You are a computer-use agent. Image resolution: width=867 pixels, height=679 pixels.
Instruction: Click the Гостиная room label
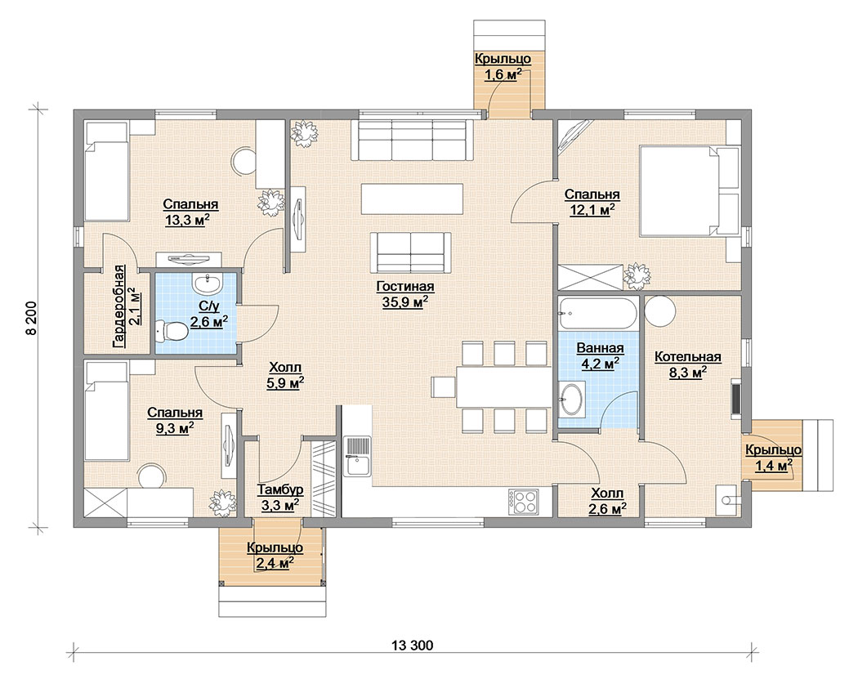click(405, 287)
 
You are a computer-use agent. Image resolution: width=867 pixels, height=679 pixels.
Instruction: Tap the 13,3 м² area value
click(187, 220)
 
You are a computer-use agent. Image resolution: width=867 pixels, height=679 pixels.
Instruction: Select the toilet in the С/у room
click(172, 331)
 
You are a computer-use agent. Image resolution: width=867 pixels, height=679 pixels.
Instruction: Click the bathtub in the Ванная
click(597, 314)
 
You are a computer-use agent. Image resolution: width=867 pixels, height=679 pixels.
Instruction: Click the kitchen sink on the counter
click(356, 456)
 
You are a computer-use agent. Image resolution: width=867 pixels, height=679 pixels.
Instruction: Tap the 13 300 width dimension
click(412, 645)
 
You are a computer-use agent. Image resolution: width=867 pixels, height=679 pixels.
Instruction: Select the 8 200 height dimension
click(32, 318)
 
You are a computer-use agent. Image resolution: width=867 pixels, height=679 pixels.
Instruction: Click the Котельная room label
click(688, 357)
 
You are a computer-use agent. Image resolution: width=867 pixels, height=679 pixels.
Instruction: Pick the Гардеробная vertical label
click(118, 306)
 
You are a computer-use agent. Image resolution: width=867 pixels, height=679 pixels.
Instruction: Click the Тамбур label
click(280, 490)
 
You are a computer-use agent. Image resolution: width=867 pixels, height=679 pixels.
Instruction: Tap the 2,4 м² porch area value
click(275, 563)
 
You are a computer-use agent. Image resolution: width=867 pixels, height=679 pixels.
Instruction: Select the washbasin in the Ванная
click(570, 400)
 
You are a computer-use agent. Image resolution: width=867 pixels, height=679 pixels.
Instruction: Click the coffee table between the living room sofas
click(412, 199)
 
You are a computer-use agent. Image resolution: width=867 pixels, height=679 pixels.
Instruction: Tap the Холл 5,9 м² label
click(285, 375)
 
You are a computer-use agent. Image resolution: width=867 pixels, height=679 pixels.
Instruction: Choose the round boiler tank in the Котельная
click(659, 311)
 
